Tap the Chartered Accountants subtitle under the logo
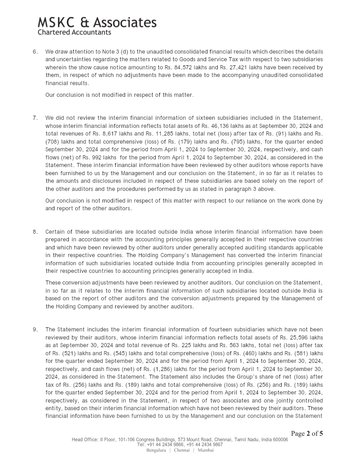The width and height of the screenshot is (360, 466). [74, 32]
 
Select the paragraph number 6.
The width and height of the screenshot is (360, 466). [35, 52]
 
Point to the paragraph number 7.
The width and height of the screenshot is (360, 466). [35, 118]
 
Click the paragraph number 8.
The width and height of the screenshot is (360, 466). [35, 232]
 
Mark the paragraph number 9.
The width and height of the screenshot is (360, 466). [35, 330]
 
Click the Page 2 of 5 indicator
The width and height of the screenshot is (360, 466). [307, 434]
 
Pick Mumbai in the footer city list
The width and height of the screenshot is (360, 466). [206, 450]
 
